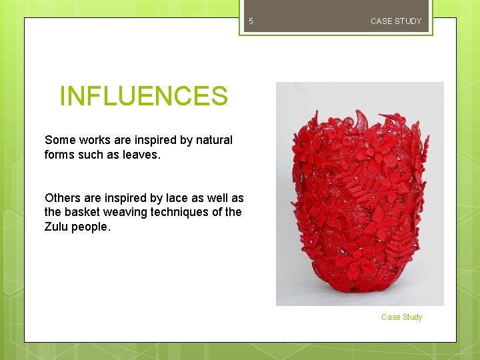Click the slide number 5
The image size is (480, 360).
pyautogui.click(x=251, y=21)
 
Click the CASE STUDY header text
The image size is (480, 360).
pyautogui.click(x=396, y=21)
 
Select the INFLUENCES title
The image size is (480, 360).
pyautogui.click(x=143, y=96)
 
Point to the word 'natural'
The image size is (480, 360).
pyautogui.click(x=213, y=140)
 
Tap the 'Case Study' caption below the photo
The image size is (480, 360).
pyautogui.click(x=401, y=317)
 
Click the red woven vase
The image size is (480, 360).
pyautogui.click(x=359, y=200)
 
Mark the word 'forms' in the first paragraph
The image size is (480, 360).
pyautogui.click(x=59, y=155)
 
